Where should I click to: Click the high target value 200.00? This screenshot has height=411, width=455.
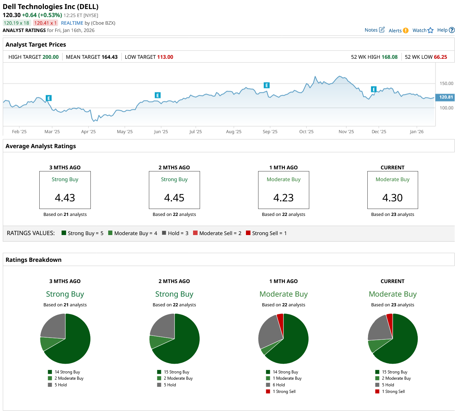[x=50, y=57]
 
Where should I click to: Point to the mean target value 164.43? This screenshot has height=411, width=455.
[x=109, y=57]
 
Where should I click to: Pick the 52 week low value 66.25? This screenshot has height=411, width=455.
[x=440, y=57]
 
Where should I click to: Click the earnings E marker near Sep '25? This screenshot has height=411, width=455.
[x=266, y=85]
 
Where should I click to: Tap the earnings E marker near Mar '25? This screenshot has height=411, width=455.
[x=49, y=98]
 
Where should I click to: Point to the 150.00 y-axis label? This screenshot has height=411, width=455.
[x=446, y=83]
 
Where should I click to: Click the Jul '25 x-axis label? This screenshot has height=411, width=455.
[x=195, y=132]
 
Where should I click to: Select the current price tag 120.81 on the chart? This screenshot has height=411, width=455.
[x=446, y=97]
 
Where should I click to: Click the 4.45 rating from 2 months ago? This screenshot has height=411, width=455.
[x=174, y=198]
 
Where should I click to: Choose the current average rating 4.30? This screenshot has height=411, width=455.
[x=392, y=198]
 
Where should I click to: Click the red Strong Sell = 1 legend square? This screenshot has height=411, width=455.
[x=248, y=233]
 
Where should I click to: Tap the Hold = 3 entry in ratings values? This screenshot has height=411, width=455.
[x=175, y=233]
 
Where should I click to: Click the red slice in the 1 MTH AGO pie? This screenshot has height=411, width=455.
[x=280, y=319]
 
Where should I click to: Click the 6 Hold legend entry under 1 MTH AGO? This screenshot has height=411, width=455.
[x=278, y=385]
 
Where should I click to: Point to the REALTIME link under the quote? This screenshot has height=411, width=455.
[x=72, y=23]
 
